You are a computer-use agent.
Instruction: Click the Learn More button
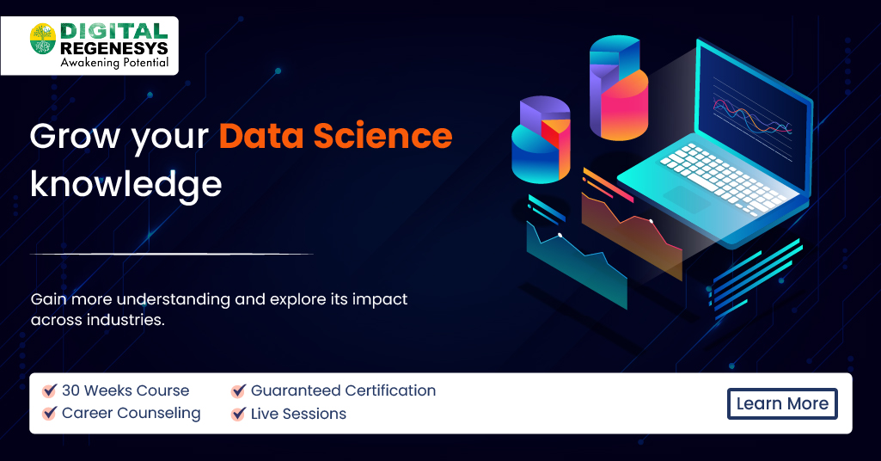(x=782, y=403)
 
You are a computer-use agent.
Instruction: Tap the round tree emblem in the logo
(x=43, y=40)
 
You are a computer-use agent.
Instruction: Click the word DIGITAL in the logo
(x=114, y=31)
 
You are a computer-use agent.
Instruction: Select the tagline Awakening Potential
(x=114, y=63)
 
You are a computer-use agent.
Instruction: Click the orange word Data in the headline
(x=260, y=136)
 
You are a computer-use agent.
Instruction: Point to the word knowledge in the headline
(x=125, y=184)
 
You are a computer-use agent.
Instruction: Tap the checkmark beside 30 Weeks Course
(x=50, y=390)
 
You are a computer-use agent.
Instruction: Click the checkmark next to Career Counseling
(x=50, y=414)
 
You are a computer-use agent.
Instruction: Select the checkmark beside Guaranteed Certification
(x=239, y=390)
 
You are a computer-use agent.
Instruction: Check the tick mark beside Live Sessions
(x=239, y=414)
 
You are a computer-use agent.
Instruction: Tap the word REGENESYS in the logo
(x=114, y=48)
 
